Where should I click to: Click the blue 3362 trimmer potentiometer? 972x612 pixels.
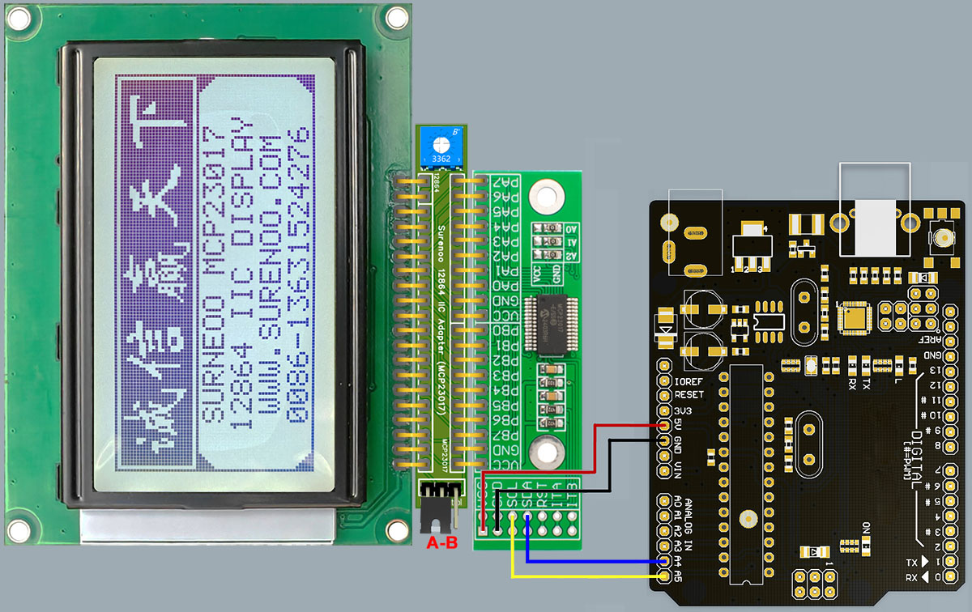(x=441, y=148)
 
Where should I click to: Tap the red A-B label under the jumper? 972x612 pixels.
(x=441, y=543)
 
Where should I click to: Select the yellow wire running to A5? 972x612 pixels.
(x=583, y=576)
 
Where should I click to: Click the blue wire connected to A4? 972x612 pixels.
(x=591, y=561)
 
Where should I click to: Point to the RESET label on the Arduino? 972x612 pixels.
(x=688, y=395)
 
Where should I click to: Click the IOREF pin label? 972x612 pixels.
(x=687, y=381)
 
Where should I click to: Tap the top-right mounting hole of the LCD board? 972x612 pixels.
(x=395, y=16)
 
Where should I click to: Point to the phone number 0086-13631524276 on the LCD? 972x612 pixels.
(x=300, y=275)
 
